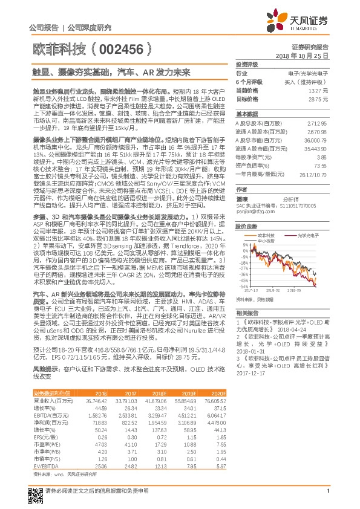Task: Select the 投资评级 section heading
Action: pos(246,64)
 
